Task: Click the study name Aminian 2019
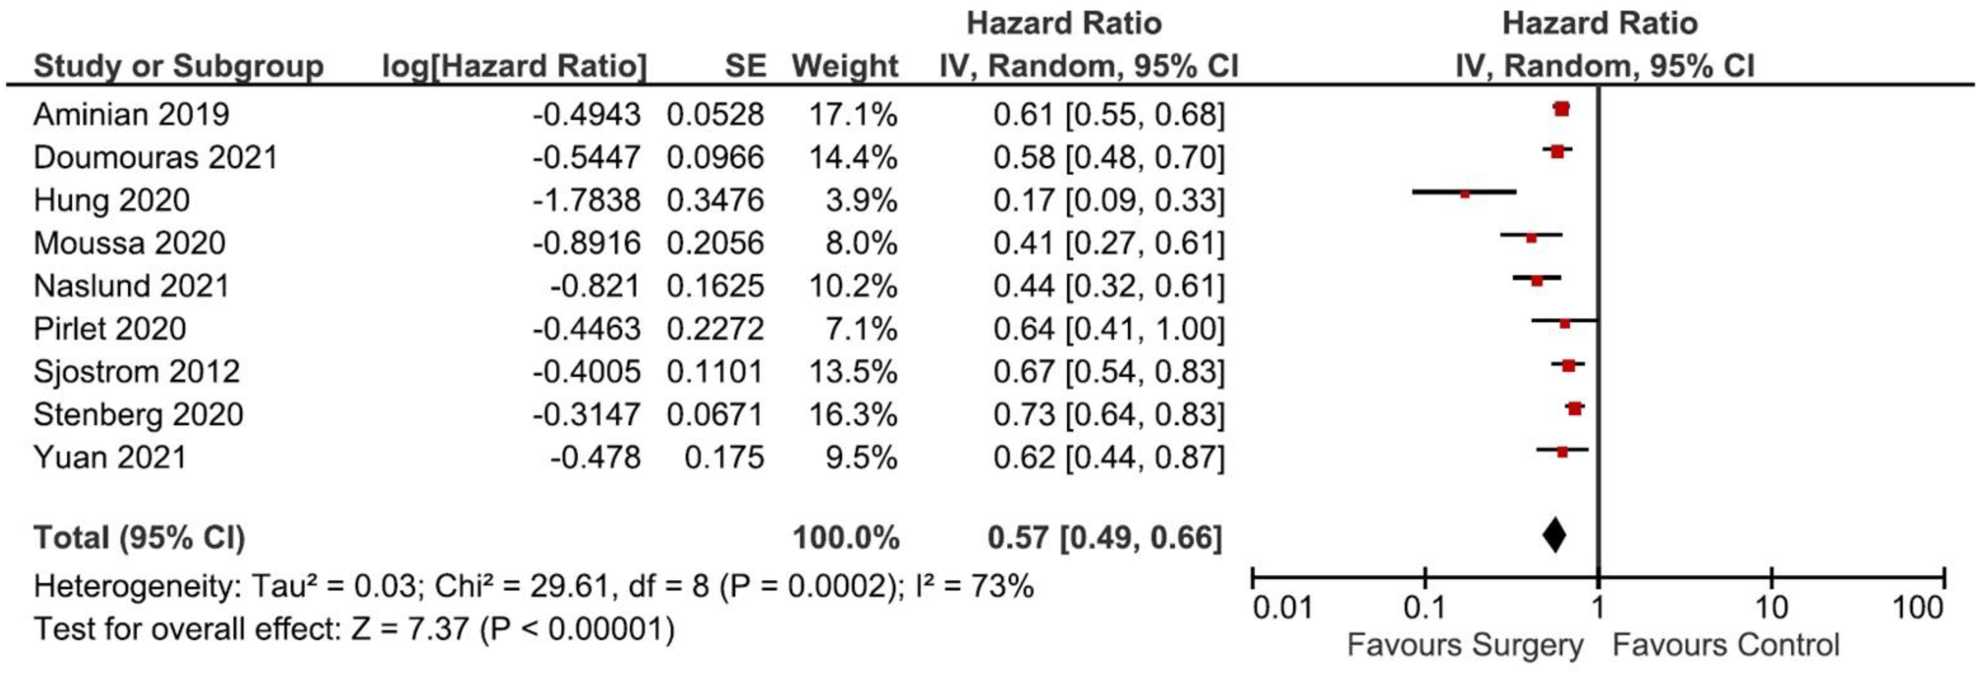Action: click(131, 115)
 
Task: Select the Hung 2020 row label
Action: click(112, 200)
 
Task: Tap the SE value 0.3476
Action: click(715, 200)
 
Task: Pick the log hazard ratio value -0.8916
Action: click(586, 244)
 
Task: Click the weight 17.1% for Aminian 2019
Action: click(852, 115)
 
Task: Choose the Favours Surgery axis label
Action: click(1465, 645)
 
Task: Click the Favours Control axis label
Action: click(1725, 645)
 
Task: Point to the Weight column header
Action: click(845, 66)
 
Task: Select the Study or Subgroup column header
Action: click(179, 66)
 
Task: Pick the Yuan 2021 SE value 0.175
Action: click(724, 458)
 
